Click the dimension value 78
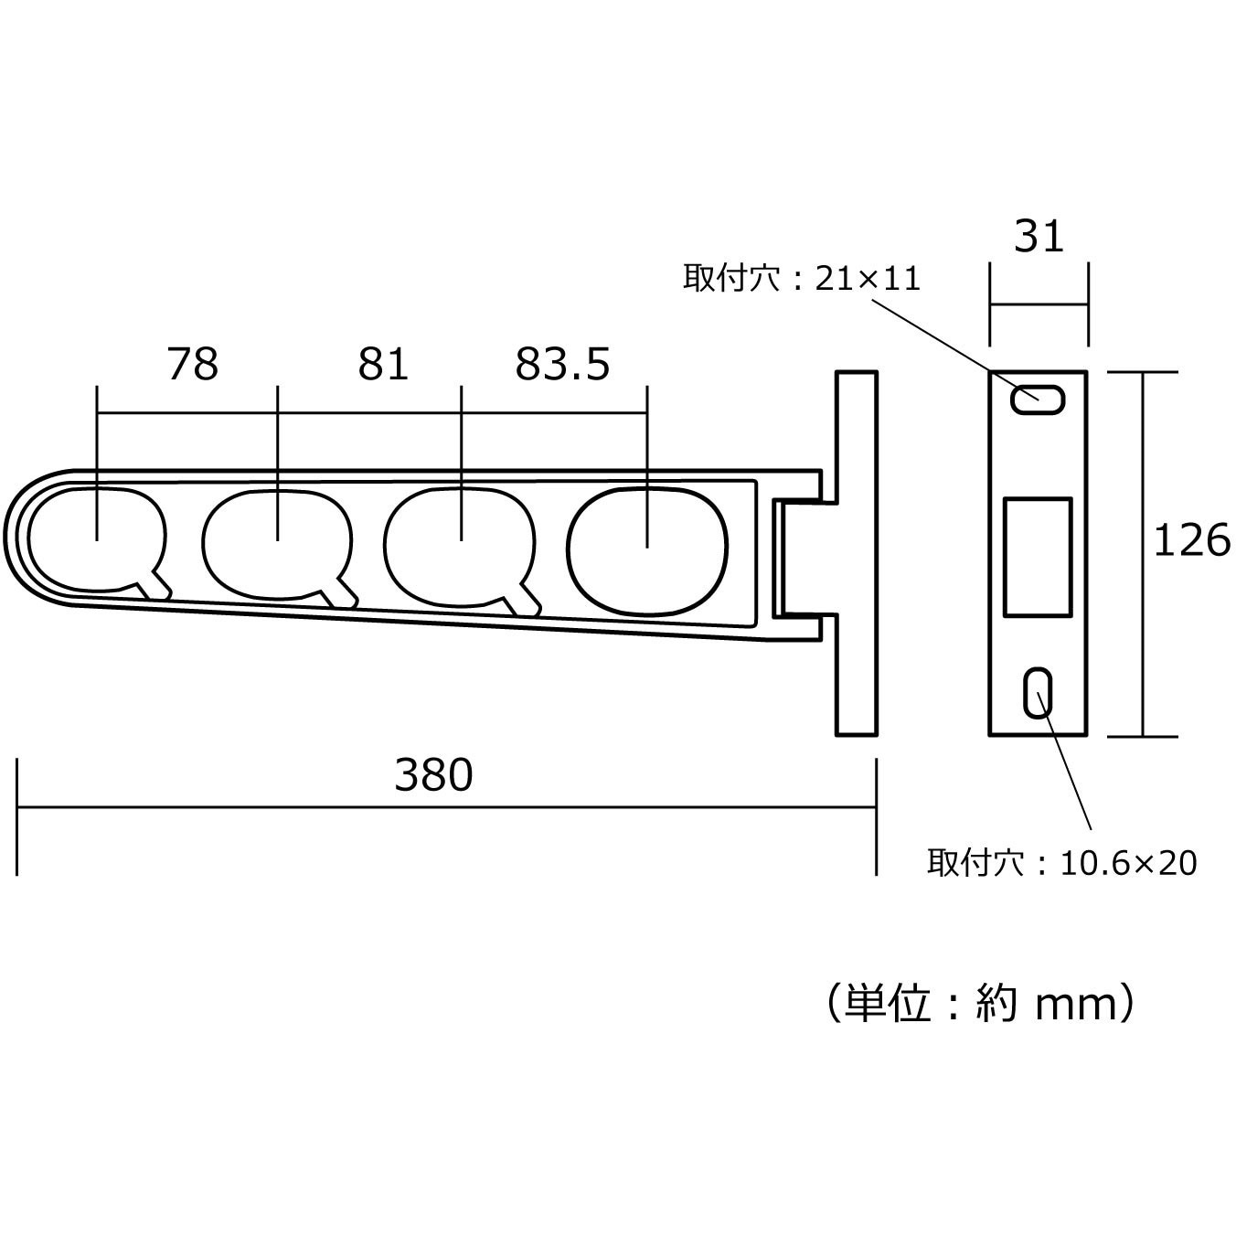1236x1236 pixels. click(x=193, y=364)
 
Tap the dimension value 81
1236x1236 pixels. click(x=383, y=364)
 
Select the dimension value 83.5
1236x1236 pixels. click(x=562, y=364)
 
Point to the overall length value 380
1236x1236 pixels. click(x=433, y=774)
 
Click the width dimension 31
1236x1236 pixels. click(x=1039, y=236)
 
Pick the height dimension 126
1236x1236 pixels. click(x=1192, y=540)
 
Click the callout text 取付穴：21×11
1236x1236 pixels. click(x=802, y=279)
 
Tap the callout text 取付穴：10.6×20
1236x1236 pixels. click(x=1062, y=863)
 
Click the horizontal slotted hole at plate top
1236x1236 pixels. click(x=1038, y=400)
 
